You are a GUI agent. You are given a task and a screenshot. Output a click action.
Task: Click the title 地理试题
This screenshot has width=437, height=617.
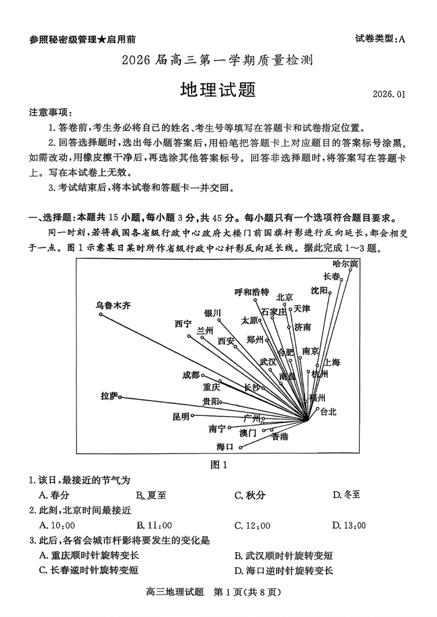[x=218, y=89]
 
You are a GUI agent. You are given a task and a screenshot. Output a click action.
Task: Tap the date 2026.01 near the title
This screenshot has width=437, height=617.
[x=390, y=94]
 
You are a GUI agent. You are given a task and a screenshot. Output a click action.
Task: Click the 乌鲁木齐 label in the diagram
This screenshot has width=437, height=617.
[x=113, y=305]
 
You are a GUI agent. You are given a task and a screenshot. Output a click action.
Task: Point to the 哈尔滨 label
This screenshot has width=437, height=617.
[x=345, y=264]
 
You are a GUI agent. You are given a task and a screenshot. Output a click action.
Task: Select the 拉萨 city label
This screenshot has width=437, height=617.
[x=109, y=396]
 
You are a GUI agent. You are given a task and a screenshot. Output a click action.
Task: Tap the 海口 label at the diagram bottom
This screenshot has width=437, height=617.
[x=225, y=447]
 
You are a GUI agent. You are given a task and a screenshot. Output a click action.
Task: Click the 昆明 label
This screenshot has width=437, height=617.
[x=181, y=416]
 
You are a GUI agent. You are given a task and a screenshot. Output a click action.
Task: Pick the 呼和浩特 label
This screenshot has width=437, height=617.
[x=252, y=292]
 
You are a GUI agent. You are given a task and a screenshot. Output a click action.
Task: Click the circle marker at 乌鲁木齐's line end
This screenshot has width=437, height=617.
[x=101, y=314]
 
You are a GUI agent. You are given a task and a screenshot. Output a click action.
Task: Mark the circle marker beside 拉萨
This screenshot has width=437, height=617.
[x=120, y=397]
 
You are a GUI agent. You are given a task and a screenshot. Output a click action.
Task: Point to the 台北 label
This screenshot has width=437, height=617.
[x=328, y=411]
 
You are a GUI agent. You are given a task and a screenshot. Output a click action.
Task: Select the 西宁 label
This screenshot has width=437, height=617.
[x=183, y=324]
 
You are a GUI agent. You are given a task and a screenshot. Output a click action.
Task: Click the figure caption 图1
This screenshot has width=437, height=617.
[x=218, y=465]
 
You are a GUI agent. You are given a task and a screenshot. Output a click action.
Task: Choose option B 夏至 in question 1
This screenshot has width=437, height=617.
[x=151, y=495]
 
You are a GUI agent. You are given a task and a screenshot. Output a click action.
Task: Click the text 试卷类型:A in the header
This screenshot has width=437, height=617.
[x=380, y=39]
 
